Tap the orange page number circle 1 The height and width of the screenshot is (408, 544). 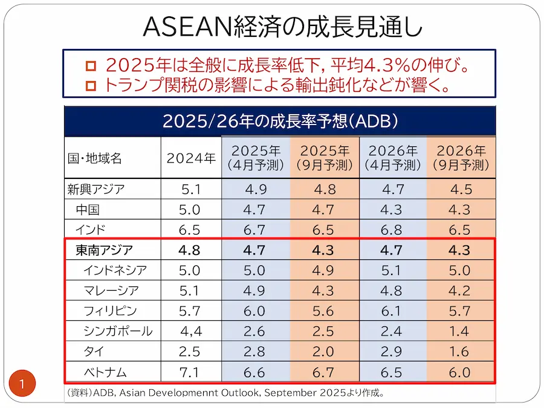pos(22,383)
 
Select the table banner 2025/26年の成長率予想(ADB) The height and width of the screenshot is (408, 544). pos(280,121)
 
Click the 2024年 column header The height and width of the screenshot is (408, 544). pos(191,158)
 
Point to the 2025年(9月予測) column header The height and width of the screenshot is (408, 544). pos(325,158)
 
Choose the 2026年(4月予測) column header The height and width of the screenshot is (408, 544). pos(393,158)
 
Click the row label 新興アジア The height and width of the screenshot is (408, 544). pos(96,189)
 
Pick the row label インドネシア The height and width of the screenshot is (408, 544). pos(115,270)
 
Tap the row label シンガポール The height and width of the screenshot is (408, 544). pos(118,331)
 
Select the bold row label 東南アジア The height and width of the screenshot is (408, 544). pos(104,249)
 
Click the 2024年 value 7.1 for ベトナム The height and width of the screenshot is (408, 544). pos(190,371)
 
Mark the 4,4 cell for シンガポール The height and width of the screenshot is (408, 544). pos(191,331)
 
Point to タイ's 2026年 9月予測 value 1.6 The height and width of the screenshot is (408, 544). pos(461,351)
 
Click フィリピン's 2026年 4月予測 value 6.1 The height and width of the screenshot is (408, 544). pos(393,311)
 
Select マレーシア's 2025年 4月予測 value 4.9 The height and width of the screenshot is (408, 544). pos(256,290)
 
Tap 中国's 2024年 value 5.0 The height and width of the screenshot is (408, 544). pos(190,210)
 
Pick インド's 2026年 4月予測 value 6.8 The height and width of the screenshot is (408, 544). pos(393,230)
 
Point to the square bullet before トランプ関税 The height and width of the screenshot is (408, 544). pos(91,85)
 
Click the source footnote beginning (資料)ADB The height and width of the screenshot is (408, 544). pos(225,393)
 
